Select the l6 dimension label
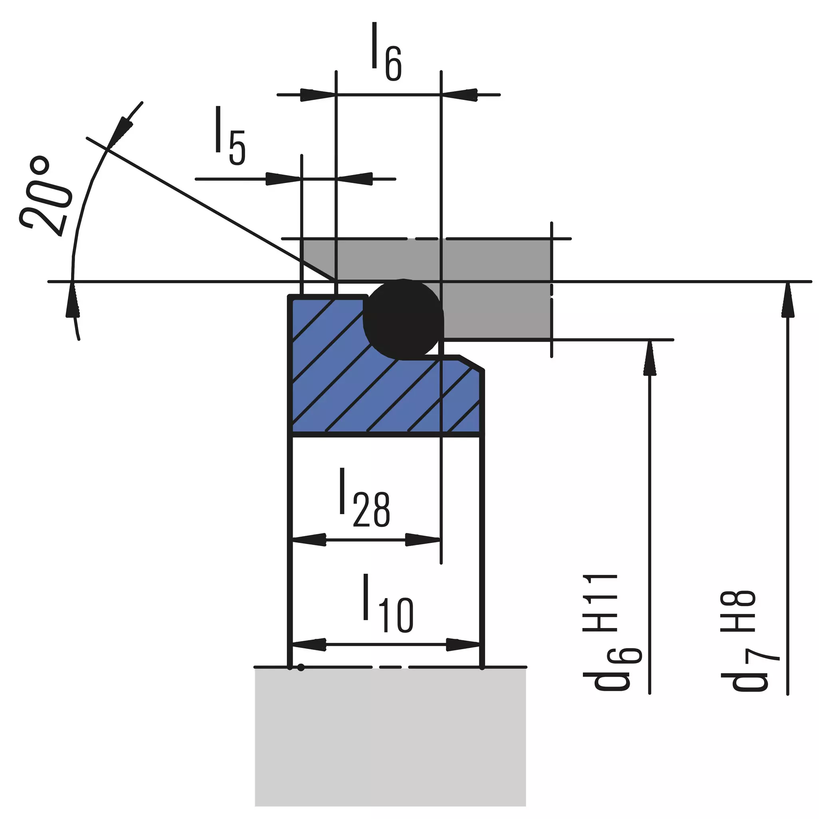tap(386, 52)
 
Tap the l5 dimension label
tap(230, 136)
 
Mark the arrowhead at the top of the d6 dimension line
tap(650, 357)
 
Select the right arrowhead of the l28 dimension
tap(423, 540)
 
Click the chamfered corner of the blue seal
tap(472, 363)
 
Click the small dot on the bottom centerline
tap(300, 668)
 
